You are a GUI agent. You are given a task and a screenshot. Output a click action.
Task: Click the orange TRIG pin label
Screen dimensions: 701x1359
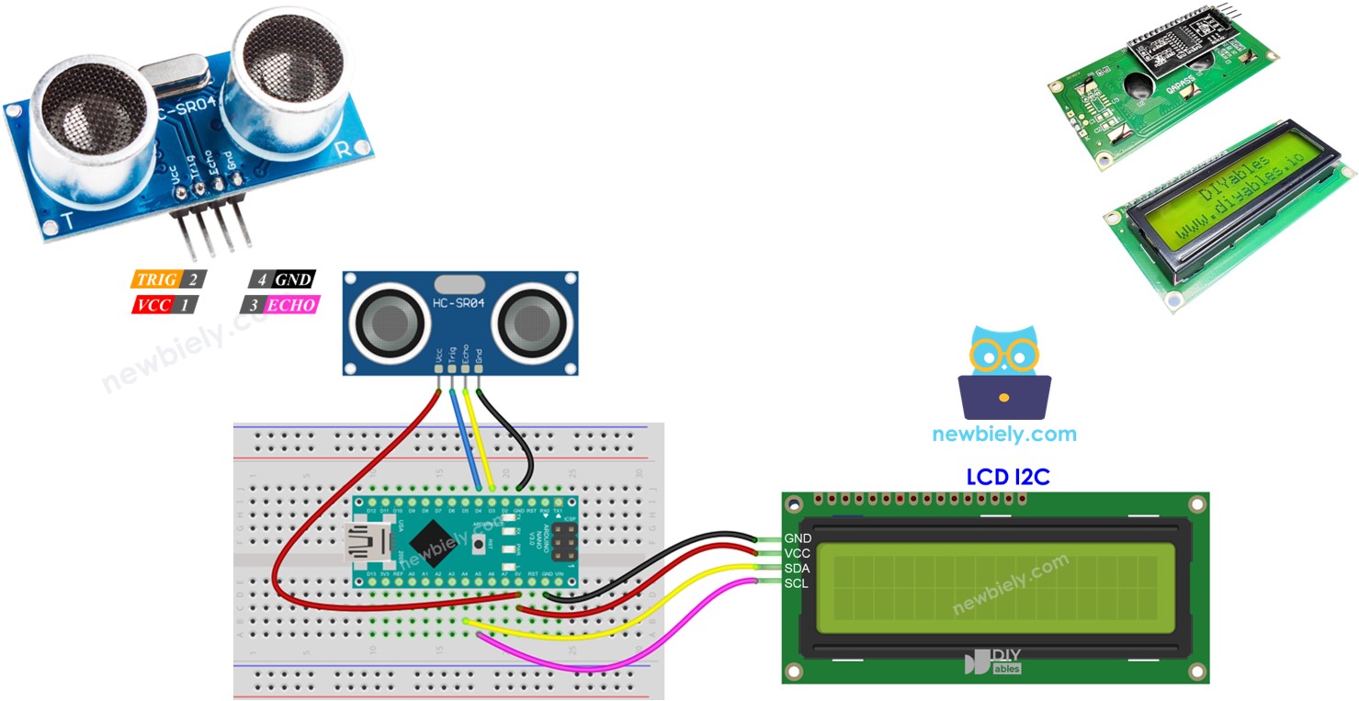coord(155,279)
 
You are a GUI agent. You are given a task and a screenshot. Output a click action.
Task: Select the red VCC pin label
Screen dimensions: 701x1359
coord(153,305)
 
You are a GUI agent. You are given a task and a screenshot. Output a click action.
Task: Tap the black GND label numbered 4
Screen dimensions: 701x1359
coord(294,279)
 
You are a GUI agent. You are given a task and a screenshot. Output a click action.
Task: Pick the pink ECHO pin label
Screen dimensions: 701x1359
coord(291,305)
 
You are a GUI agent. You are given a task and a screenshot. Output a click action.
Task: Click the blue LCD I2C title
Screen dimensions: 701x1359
coord(1007,477)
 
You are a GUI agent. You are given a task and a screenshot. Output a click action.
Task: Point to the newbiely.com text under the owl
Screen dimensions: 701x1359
coord(1004,435)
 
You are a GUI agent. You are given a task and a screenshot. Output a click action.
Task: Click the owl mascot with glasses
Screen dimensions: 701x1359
coord(1004,372)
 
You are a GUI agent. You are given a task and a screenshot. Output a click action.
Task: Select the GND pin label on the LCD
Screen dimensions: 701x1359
coord(797,538)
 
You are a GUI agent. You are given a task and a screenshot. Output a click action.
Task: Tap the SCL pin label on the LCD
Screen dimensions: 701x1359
coord(797,583)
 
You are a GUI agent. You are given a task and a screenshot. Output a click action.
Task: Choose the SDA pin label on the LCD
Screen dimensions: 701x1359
coord(797,569)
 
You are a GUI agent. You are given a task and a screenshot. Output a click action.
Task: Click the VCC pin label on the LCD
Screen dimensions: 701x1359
coord(797,554)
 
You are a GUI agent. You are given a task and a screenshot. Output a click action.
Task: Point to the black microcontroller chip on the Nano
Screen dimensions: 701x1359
coord(434,543)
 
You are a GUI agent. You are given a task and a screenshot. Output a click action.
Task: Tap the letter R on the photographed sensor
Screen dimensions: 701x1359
coord(342,151)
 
